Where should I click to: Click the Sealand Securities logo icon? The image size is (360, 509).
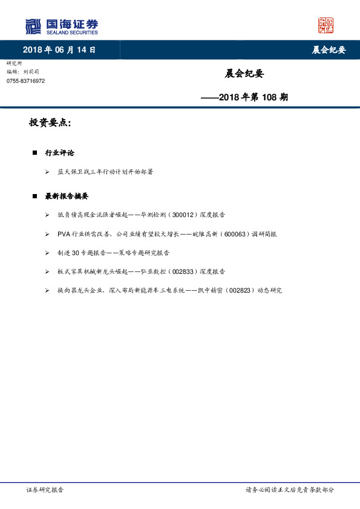tap(33, 27)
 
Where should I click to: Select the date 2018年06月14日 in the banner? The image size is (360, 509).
tap(59, 50)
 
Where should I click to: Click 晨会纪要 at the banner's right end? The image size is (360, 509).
tap(329, 50)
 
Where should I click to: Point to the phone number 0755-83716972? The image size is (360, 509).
tap(25, 81)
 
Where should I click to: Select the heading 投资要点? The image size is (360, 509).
tap(50, 123)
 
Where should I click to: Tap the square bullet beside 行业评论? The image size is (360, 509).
tap(34, 153)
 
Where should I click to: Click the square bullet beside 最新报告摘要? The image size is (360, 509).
tap(34, 196)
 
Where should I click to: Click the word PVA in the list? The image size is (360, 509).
tap(65, 234)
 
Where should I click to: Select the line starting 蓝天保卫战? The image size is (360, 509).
tap(105, 172)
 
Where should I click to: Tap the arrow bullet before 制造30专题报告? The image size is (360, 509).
tap(47, 253)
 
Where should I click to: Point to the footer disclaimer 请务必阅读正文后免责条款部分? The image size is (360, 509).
tap(289, 490)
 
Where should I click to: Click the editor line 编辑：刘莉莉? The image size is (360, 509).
tap(21, 72)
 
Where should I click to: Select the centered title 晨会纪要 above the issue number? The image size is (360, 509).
tap(244, 74)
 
